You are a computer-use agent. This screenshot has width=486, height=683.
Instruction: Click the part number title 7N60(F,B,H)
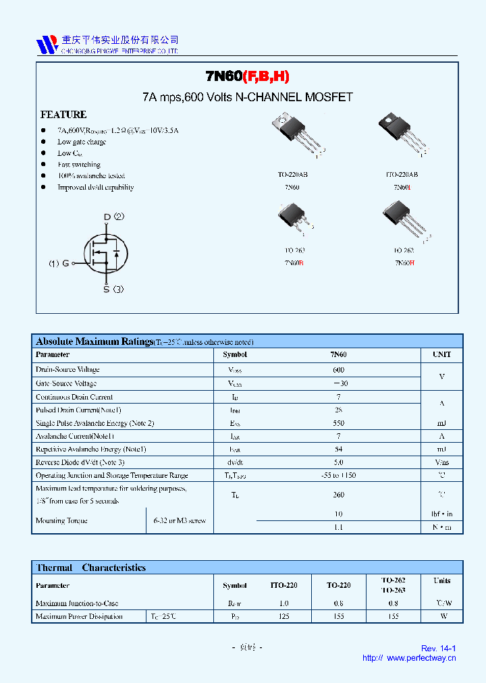click(248, 77)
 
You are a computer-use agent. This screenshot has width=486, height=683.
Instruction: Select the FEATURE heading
click(63, 115)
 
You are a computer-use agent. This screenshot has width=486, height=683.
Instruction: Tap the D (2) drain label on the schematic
click(113, 217)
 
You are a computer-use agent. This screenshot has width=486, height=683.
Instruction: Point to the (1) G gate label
click(59, 263)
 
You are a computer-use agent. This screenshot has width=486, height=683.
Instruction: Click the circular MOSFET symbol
click(106, 253)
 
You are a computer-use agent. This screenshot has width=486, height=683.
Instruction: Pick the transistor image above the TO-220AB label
click(294, 135)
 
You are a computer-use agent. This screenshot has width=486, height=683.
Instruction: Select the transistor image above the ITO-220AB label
click(404, 135)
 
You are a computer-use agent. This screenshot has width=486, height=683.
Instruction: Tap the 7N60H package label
click(404, 262)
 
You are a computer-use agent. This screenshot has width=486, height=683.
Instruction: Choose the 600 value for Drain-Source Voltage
click(338, 370)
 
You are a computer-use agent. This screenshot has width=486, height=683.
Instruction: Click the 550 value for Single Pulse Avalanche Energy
click(338, 423)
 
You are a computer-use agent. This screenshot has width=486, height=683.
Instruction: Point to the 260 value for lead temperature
click(338, 495)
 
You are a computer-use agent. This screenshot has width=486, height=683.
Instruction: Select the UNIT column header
click(441, 354)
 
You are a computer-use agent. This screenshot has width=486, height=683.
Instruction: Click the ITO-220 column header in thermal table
click(283, 585)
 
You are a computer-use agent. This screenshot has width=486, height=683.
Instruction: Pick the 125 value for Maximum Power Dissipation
click(283, 616)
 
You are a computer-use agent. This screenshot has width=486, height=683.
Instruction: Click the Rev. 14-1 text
click(439, 649)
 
